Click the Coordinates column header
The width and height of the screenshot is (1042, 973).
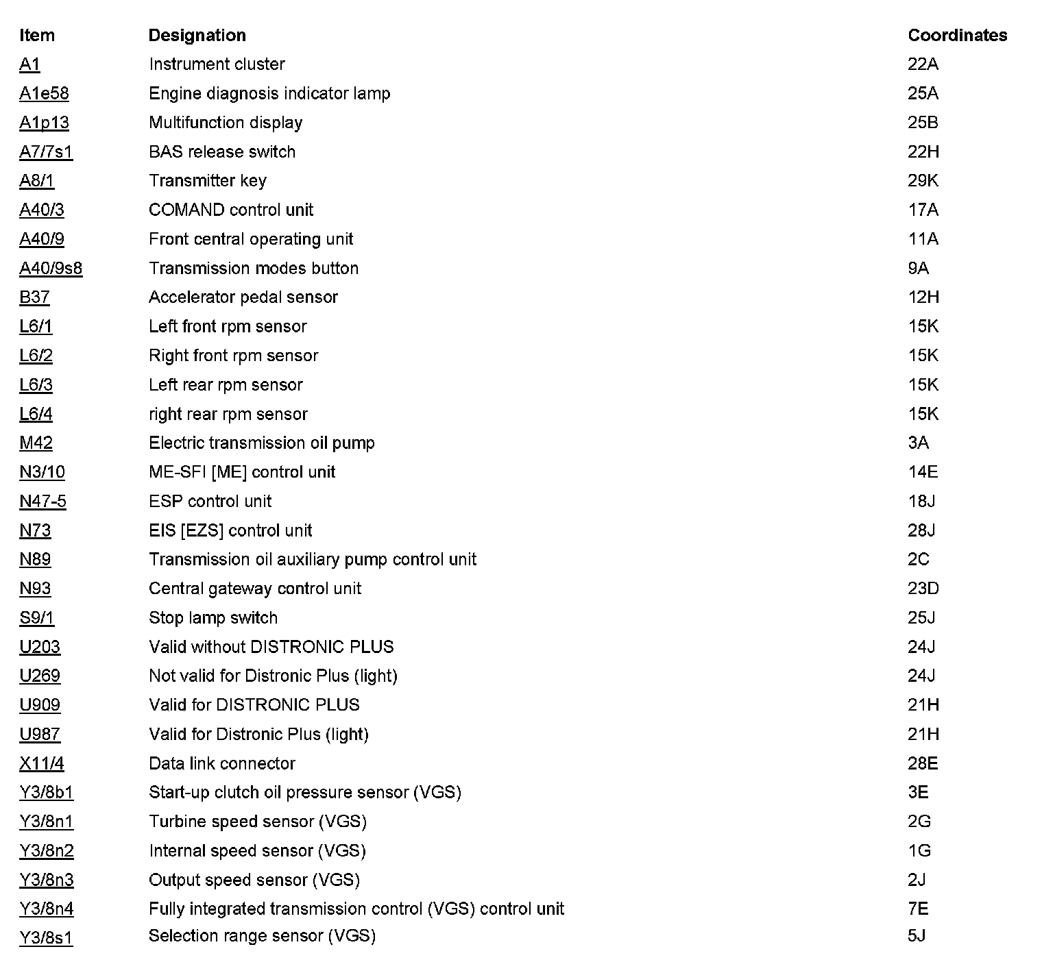(x=957, y=36)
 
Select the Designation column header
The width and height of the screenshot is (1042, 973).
(x=197, y=36)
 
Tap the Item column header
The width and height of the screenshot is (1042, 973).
(x=37, y=36)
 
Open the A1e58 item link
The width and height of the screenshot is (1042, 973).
(x=44, y=93)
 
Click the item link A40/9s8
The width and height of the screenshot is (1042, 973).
(x=51, y=268)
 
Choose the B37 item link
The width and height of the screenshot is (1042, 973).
(x=34, y=297)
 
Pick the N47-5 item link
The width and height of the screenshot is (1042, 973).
(x=43, y=502)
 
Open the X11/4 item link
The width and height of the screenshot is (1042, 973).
(x=41, y=763)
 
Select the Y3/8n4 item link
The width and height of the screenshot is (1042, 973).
(x=46, y=909)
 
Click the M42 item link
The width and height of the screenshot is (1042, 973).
(x=36, y=443)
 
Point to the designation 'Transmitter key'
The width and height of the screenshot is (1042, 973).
(x=207, y=181)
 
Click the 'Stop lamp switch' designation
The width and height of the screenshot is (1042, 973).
(x=213, y=618)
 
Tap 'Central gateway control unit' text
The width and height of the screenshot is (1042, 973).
(x=254, y=589)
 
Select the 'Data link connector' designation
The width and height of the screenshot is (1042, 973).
(x=221, y=763)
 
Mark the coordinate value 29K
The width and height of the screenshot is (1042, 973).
(x=923, y=181)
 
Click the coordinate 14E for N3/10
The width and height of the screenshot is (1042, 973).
(x=923, y=472)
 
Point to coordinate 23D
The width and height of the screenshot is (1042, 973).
(x=923, y=589)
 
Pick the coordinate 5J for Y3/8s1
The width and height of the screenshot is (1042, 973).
(x=917, y=936)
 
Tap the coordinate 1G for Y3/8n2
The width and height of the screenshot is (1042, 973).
(x=919, y=851)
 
